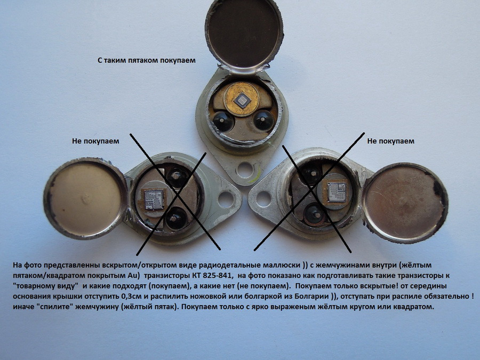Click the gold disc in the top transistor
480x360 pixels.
pos(242,99)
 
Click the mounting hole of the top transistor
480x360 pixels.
pos(245,170)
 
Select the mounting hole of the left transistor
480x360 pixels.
pos(226,199)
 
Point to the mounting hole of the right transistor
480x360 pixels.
pos(263,199)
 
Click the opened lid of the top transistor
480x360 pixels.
pos(244,35)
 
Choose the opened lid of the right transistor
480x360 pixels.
pos(405,203)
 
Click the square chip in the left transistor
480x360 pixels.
pos(153,199)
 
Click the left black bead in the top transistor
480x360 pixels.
pos(223,121)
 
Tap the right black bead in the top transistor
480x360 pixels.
pos(263,121)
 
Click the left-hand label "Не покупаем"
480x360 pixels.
pos(95,141)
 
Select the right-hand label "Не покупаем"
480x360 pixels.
pos(390,141)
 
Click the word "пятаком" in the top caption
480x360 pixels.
pos(140,60)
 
